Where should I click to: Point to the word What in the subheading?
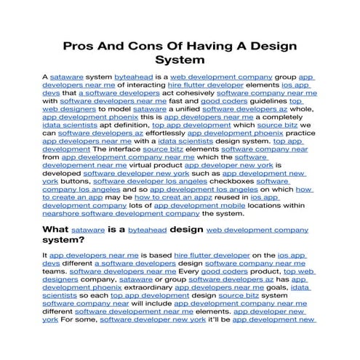[57, 230]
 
